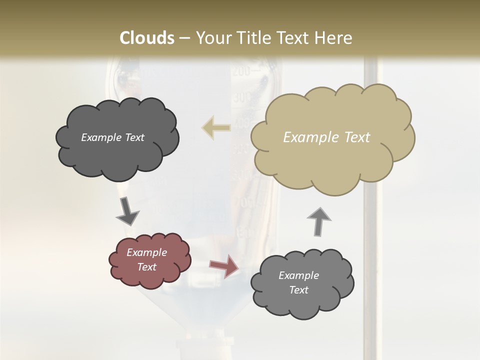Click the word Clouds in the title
coord(147,38)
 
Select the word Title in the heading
coord(249,38)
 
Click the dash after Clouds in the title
coord(184,38)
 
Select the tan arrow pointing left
coord(216,127)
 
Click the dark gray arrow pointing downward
coord(127,211)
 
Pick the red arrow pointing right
coord(223,266)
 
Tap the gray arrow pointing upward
coord(319,221)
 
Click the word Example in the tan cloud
coord(308,137)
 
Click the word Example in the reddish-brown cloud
coord(147,252)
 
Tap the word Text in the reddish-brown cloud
coord(147,267)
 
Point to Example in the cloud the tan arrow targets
coord(102,137)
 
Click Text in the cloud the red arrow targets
coord(298,290)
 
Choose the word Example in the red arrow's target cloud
coord(298,275)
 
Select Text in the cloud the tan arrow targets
coord(134,137)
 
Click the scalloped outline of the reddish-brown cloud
coord(111,260)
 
